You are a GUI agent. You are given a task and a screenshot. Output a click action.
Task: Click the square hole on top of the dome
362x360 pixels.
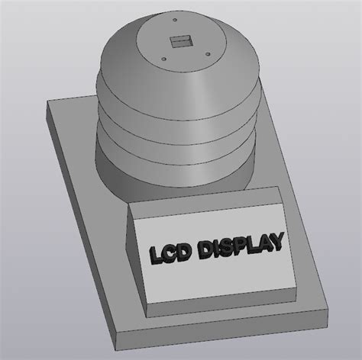(180, 42)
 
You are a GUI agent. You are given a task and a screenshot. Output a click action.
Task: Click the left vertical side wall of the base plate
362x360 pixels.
(76, 229)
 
